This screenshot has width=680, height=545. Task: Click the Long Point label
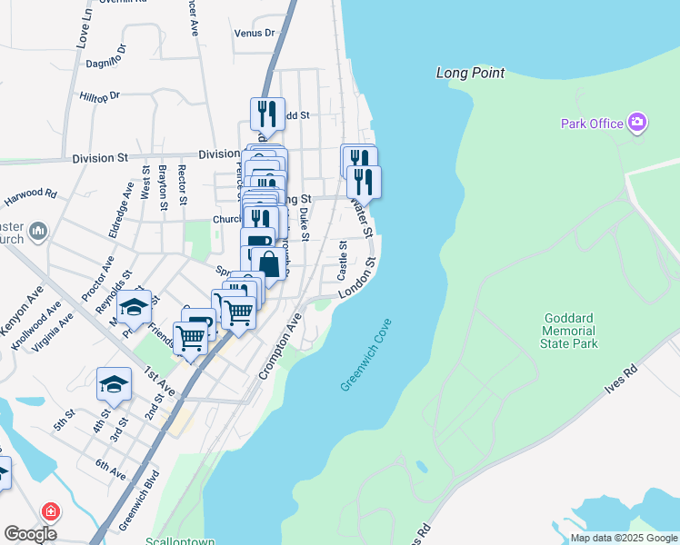(470, 73)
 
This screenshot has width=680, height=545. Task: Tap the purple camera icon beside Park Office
(637, 123)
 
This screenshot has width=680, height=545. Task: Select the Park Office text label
(592, 124)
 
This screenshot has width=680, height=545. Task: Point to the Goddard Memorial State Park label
(570, 332)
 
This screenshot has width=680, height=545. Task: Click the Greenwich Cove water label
(365, 355)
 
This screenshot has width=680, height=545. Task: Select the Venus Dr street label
(254, 33)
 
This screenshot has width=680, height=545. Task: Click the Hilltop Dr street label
(100, 95)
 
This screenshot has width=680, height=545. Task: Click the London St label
(357, 281)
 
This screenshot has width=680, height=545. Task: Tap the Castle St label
(343, 261)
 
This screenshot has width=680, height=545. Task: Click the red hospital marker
(49, 511)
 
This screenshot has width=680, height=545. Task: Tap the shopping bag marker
(270, 263)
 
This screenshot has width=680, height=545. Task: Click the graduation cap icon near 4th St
(114, 384)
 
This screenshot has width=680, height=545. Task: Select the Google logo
(30, 534)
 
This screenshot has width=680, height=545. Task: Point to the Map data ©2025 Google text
(624, 538)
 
